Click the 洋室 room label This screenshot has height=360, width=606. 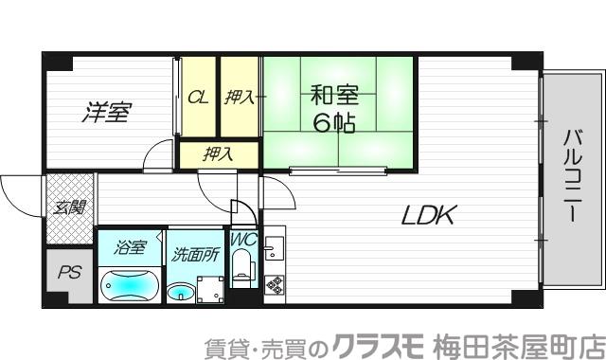pos(104,113)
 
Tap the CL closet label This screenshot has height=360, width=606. pos(198,97)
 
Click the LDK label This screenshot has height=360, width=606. pos(429,216)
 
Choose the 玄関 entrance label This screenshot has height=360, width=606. pos(70,207)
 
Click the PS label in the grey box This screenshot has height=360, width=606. pos(69,273)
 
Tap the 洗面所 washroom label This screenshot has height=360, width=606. pos(195,253)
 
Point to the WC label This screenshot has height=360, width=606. pos(243,241)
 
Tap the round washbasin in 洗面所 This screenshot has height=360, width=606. pos(180,292)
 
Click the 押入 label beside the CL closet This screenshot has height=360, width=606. pos(240,97)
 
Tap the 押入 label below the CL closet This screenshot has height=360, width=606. pos(219,153)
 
